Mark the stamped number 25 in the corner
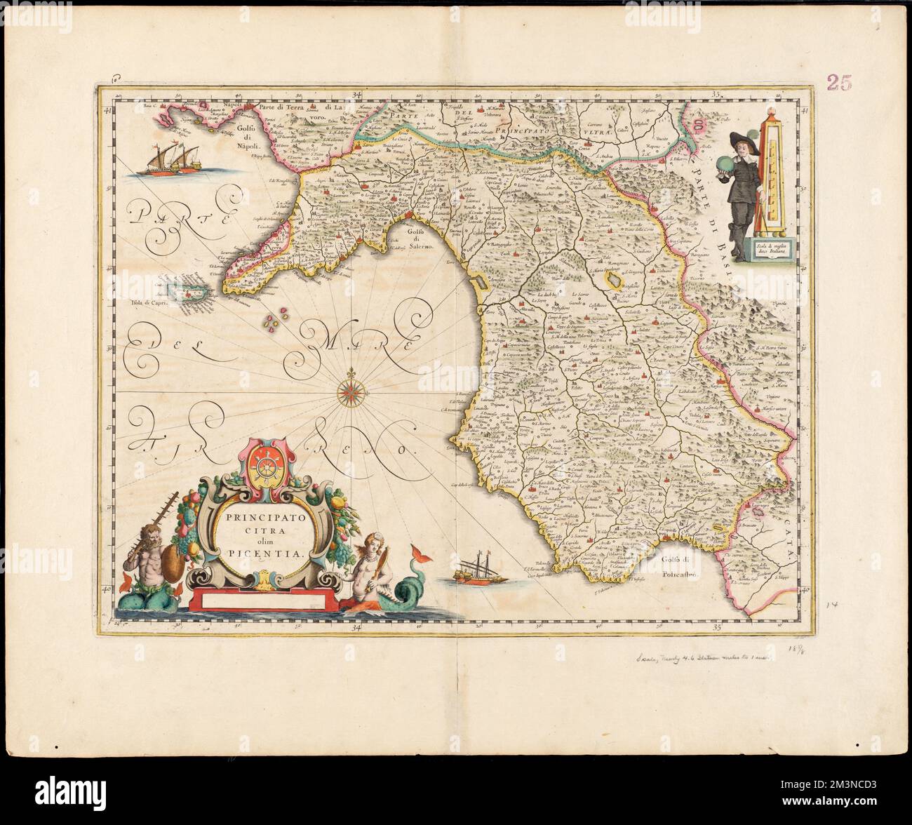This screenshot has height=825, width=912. tap(839, 83)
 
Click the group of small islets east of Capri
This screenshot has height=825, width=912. tap(275, 321)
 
